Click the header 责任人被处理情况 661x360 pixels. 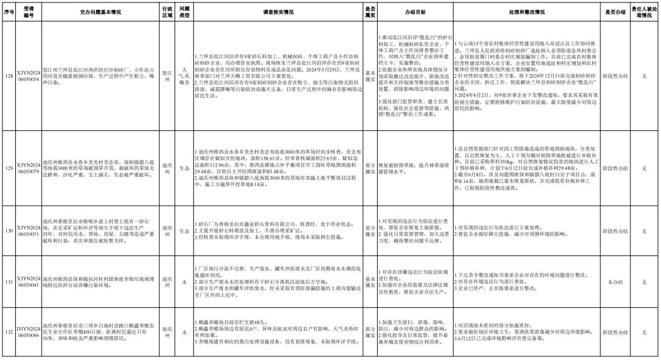click(x=644, y=12)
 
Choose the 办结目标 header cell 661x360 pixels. click(x=414, y=12)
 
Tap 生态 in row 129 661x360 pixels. click(x=184, y=168)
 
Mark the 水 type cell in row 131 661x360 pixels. click(x=184, y=281)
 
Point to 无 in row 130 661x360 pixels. click(x=644, y=231)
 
